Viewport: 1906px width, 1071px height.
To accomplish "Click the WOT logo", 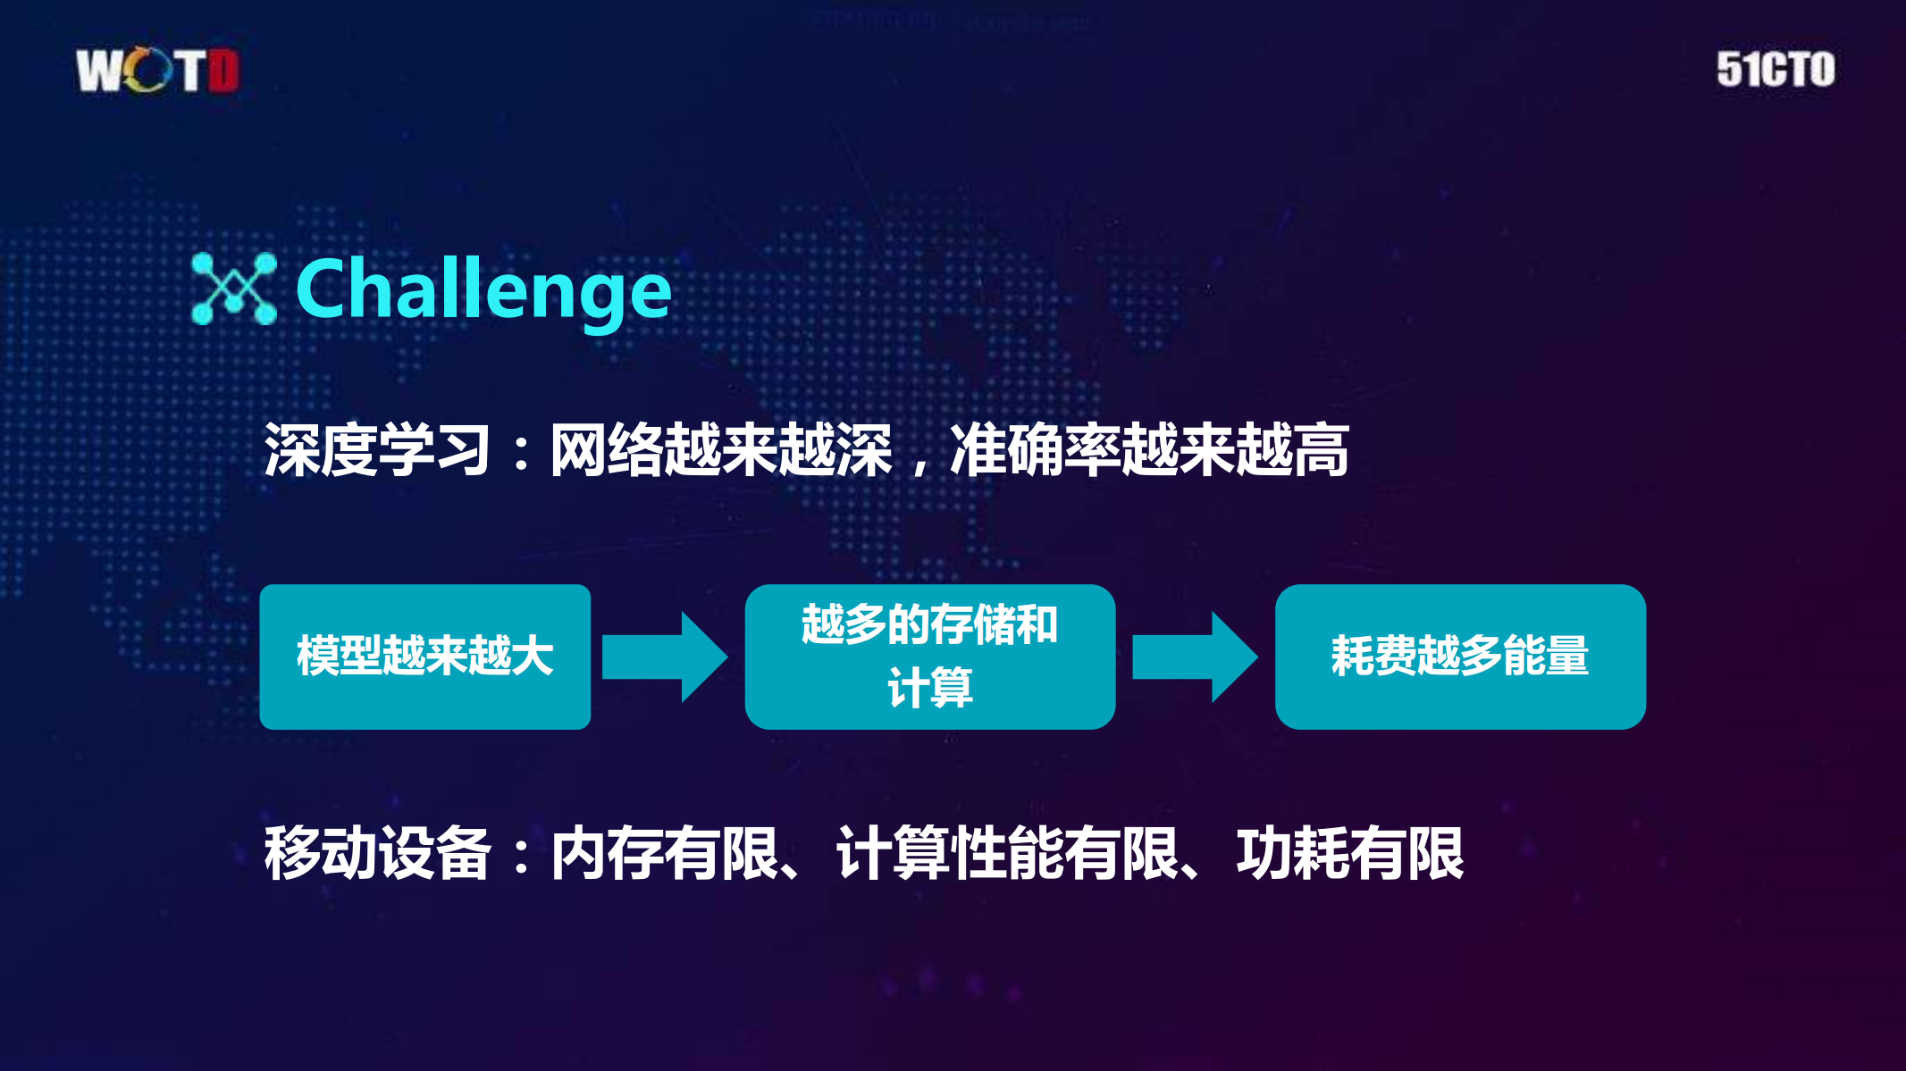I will (x=157, y=71).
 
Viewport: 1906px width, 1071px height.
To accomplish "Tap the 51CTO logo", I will (x=1775, y=70).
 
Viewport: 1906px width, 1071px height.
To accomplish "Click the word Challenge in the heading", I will (x=483, y=289).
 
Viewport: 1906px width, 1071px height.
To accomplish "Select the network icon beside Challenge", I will (x=234, y=289).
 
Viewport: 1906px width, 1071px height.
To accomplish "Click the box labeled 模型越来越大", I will (x=424, y=657).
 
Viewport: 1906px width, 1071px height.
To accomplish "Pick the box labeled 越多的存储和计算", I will (x=929, y=657).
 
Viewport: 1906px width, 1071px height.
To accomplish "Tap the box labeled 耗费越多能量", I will (x=1459, y=657).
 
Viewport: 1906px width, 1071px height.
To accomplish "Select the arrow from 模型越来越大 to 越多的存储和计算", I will (x=664, y=657).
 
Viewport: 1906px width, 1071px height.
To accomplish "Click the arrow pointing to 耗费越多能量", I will (x=1194, y=657).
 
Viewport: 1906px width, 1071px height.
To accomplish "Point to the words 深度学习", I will (x=376, y=450).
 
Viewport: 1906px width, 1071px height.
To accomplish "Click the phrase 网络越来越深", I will (x=720, y=450).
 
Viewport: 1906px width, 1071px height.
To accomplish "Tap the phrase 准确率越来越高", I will (x=1148, y=450).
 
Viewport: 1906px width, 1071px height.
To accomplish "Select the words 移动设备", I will (x=376, y=854).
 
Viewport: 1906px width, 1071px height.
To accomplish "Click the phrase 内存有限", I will (x=665, y=854).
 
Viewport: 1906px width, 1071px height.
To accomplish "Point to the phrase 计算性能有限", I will (x=1007, y=854).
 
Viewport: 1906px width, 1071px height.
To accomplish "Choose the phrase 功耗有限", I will (x=1349, y=854).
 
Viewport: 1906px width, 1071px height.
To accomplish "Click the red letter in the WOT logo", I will (x=223, y=71).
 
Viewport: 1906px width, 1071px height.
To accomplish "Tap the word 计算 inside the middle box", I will (x=929, y=688).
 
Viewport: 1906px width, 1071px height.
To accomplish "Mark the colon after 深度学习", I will (x=521, y=452).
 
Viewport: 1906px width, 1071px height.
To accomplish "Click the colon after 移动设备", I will (x=521, y=856).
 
